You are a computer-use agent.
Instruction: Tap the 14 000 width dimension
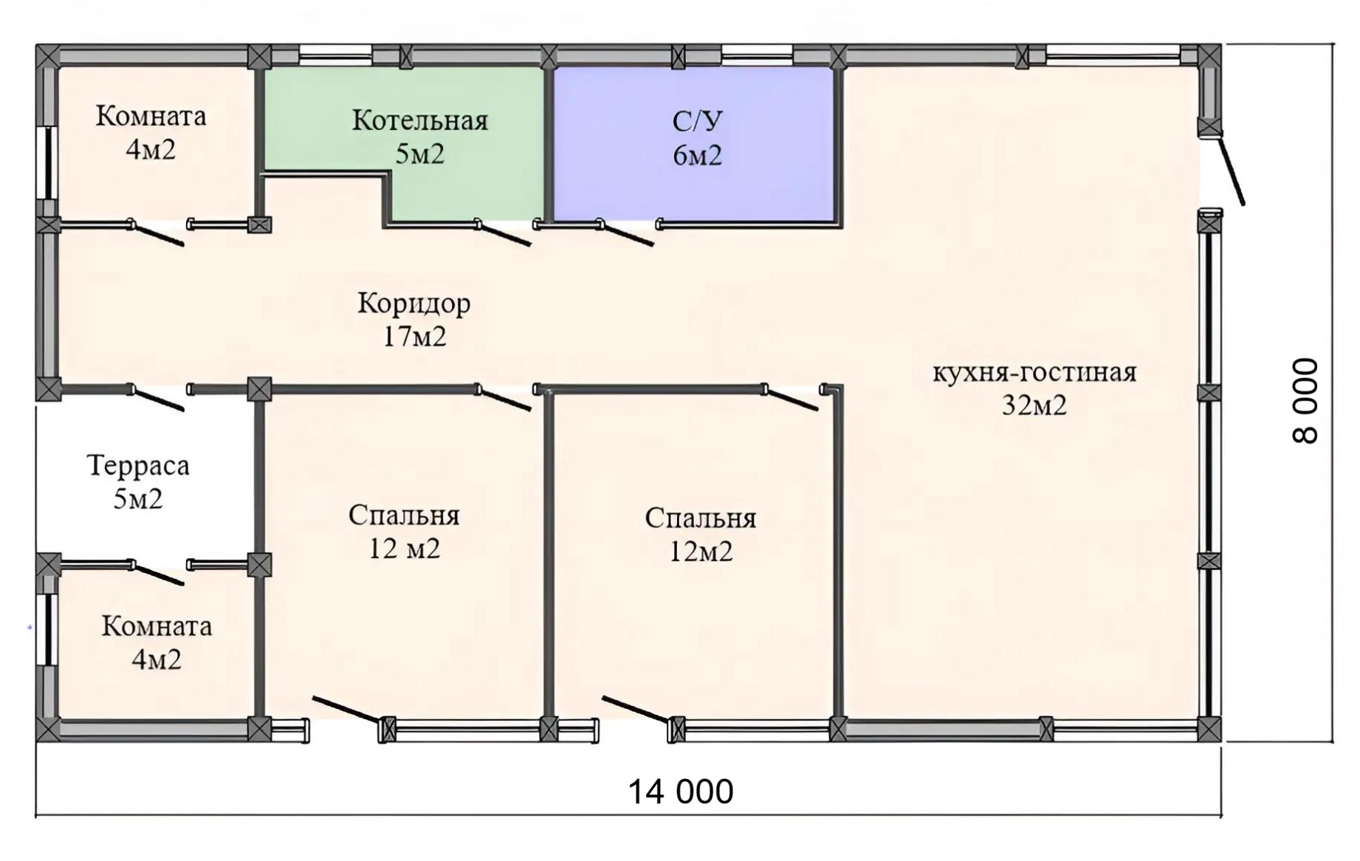[x=680, y=791]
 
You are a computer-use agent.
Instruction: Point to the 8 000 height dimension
[x=1305, y=400]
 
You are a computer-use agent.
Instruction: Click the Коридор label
[x=413, y=303]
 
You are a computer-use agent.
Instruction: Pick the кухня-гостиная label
[x=1034, y=372]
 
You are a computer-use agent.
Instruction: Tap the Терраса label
[x=138, y=466]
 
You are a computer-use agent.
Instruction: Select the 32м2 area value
[x=1034, y=405]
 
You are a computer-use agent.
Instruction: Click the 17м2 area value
[x=414, y=337]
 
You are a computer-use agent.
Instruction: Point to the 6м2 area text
[x=697, y=155]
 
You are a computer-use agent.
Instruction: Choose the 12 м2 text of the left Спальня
[x=404, y=549]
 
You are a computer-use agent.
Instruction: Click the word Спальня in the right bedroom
[x=700, y=518]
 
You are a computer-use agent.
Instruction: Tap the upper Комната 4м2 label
[x=151, y=133]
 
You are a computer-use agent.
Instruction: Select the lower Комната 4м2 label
[x=157, y=642]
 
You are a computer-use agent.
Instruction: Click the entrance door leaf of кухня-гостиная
[x=1231, y=170]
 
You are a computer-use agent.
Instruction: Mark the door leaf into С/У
[x=626, y=233]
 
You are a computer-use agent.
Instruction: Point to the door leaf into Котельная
[x=504, y=233]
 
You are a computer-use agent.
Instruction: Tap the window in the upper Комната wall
[x=49, y=162]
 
